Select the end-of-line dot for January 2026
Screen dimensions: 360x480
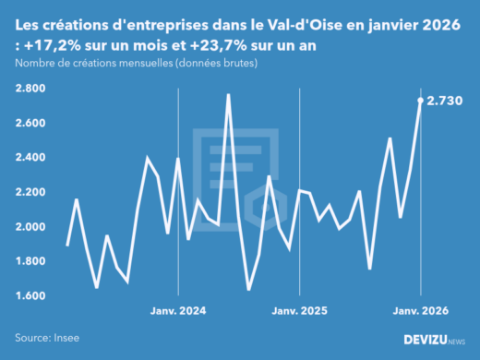(421, 100)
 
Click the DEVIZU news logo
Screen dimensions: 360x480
(436, 340)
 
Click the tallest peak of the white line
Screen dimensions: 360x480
(228, 94)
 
